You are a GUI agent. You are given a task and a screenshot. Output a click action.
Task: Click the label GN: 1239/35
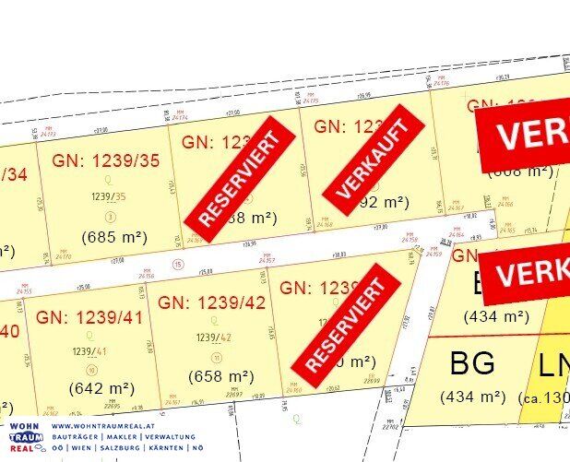(x=106, y=160)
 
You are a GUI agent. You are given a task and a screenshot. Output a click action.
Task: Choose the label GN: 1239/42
(x=213, y=302)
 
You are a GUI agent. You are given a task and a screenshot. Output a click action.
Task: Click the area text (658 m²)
(x=220, y=375)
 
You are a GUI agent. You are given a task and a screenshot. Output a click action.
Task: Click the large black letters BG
(x=472, y=362)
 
